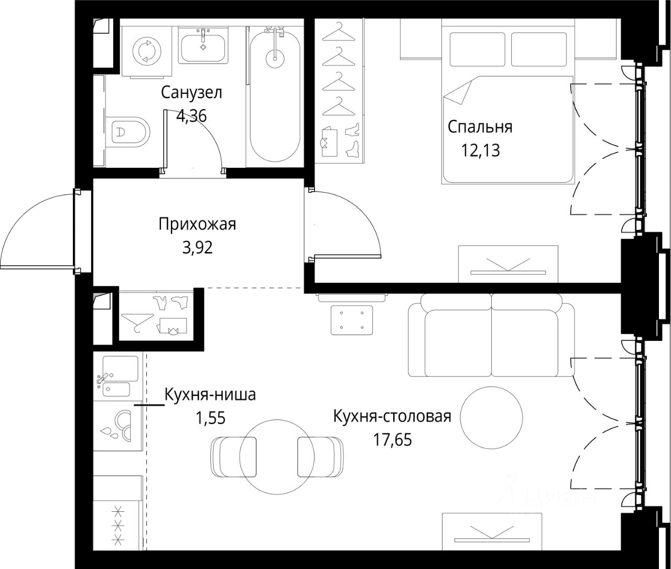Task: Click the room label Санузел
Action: [x=191, y=93]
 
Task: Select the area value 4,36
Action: [x=191, y=115]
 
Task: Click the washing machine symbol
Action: [x=147, y=51]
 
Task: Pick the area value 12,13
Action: [x=480, y=151]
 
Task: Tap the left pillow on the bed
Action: [x=477, y=49]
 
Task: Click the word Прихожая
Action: [x=198, y=224]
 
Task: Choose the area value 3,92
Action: [x=198, y=248]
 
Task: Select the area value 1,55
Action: [x=210, y=418]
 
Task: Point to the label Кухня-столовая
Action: [x=392, y=417]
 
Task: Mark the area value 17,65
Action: [x=392, y=440]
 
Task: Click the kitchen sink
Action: [x=117, y=377]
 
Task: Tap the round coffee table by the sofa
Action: [x=492, y=418]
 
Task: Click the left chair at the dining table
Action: [x=233, y=456]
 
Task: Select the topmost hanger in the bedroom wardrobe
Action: [x=338, y=33]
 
